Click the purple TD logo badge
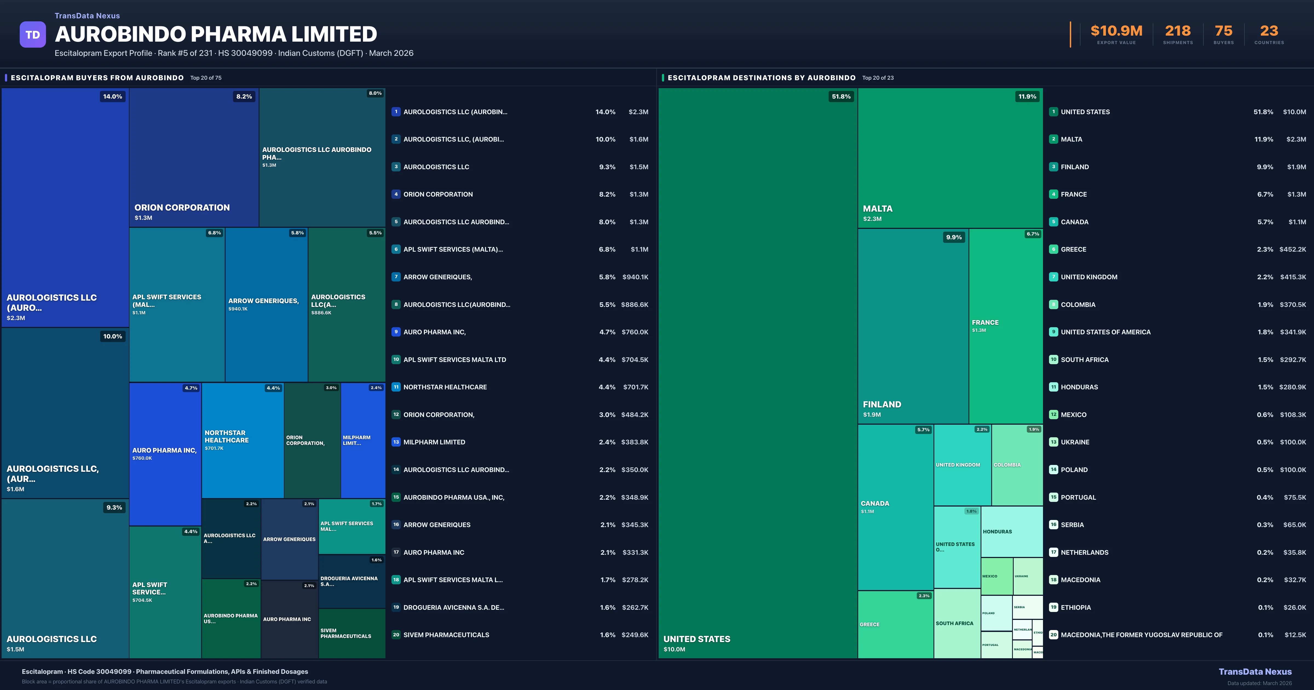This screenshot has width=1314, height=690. [33, 35]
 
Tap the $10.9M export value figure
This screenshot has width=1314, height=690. [1116, 31]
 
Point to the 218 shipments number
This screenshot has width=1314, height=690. [1177, 31]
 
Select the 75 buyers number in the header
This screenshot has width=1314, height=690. [1223, 31]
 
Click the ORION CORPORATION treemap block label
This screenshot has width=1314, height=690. [182, 208]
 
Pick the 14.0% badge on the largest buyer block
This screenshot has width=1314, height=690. [112, 96]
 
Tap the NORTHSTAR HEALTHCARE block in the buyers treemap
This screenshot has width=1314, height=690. [242, 440]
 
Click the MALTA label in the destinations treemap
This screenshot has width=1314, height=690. [877, 209]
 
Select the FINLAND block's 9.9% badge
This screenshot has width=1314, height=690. [953, 237]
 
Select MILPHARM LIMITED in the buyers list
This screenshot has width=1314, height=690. [434, 442]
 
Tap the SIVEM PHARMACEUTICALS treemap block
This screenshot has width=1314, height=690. [351, 633]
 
